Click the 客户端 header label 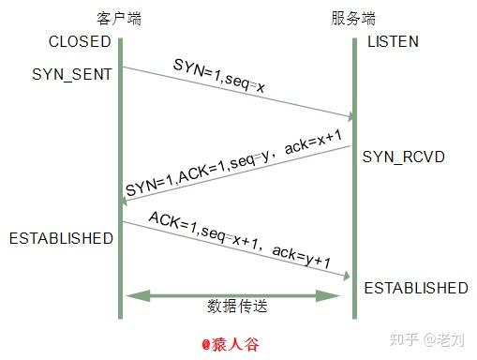coord(119,19)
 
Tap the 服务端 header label coord(353,19)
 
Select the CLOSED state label coord(81,41)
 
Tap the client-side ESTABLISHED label coord(61,238)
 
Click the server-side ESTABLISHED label coord(415,287)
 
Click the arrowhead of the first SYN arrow coord(349,116)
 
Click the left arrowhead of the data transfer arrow coord(134,295)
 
